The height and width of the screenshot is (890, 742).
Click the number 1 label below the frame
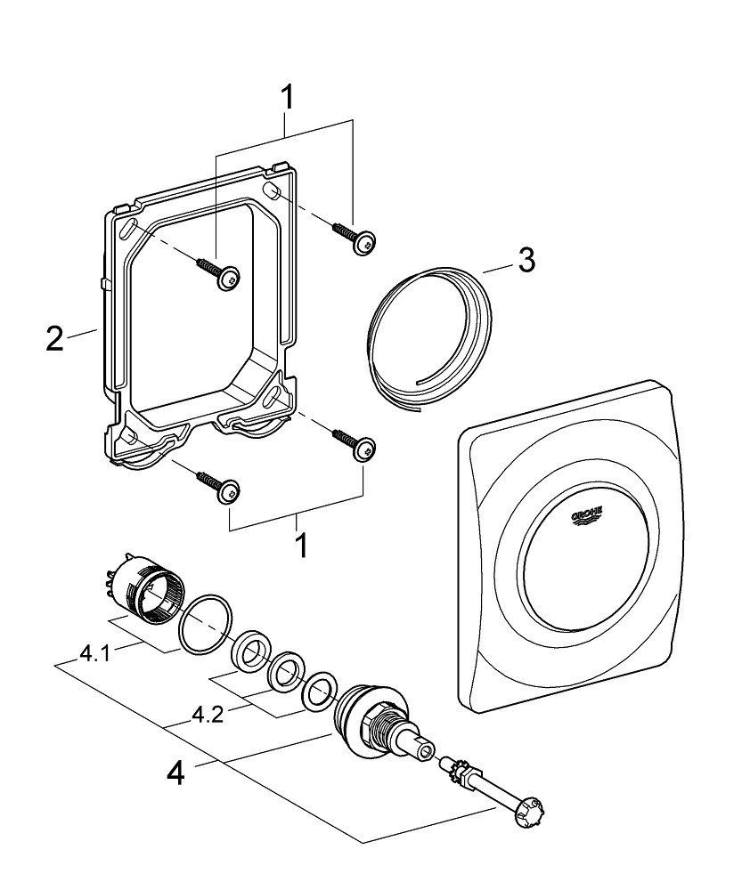click(x=301, y=545)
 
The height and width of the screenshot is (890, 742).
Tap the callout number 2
click(x=55, y=338)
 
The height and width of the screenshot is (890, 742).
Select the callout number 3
click(x=526, y=262)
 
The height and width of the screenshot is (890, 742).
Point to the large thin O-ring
click(x=207, y=623)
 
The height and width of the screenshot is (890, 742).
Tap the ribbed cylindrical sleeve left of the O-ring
click(x=144, y=588)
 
